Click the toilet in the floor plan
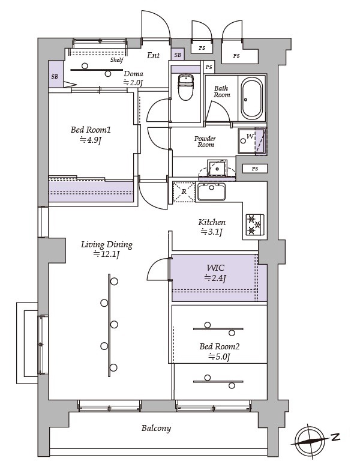[185, 87]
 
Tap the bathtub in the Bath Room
[252, 98]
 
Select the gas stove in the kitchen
[254, 224]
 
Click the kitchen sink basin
[211, 192]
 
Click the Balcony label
[156, 428]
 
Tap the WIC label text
[215, 268]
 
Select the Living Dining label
[107, 245]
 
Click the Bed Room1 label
[91, 130]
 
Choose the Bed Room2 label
[220, 346]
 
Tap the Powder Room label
[205, 142]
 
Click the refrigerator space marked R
[184, 192]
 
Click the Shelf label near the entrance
[117, 60]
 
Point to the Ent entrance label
[154, 55]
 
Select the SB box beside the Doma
[56, 74]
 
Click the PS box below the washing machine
[255, 169]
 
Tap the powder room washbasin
[217, 169]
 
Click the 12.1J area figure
[106, 255]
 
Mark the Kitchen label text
[212, 222]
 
